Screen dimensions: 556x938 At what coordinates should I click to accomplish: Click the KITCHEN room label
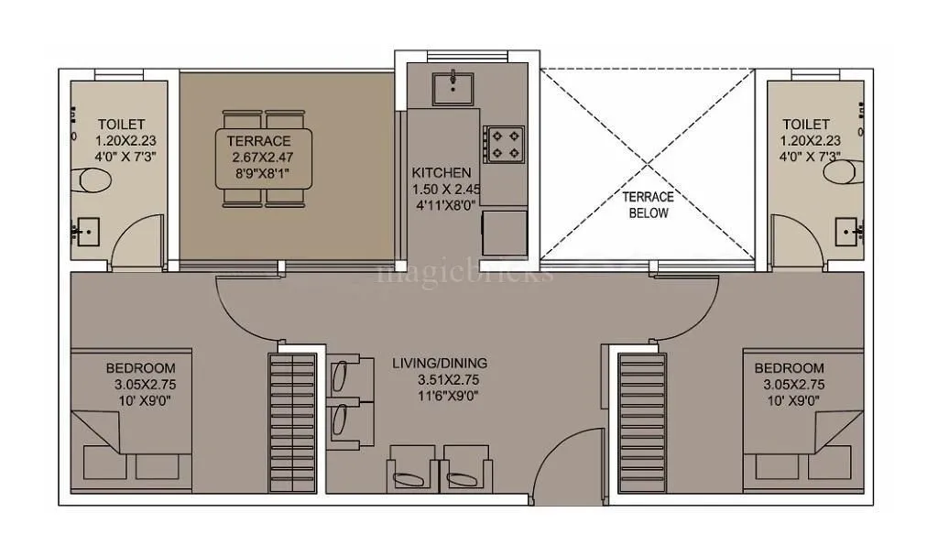coord(442,172)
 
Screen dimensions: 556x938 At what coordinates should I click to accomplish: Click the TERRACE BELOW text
coord(648,204)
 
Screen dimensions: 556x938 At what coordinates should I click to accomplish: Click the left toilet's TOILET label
coord(121,124)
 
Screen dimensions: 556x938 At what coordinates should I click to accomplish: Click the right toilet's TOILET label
coord(806,124)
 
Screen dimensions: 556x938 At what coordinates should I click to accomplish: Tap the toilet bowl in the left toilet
coord(95,180)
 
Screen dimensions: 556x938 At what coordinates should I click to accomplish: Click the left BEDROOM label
coord(135,368)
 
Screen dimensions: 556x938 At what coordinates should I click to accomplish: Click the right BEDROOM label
coord(789,368)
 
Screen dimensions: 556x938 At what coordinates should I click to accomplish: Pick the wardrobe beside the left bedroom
coord(290,421)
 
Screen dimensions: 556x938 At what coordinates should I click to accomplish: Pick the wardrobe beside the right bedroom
coord(641,421)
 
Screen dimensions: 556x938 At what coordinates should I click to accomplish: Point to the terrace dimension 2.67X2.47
coord(261,158)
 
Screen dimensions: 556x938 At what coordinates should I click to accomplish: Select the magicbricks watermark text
coord(465,272)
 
